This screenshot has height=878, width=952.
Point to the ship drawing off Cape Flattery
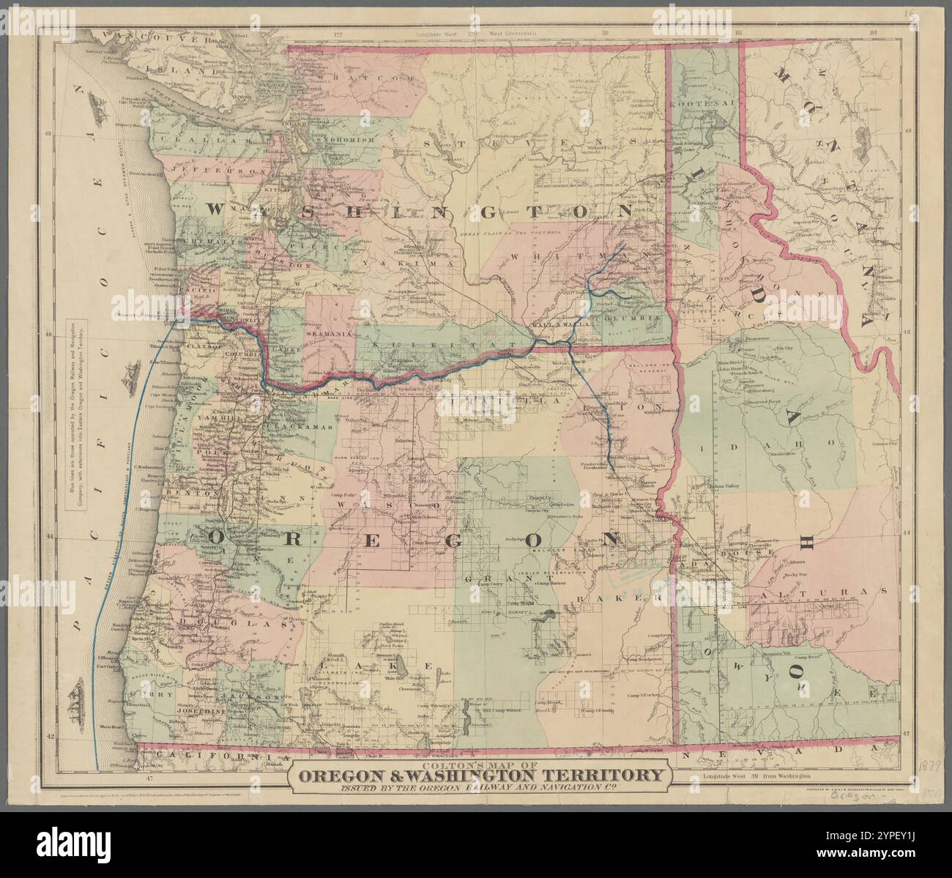pos(100,110)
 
